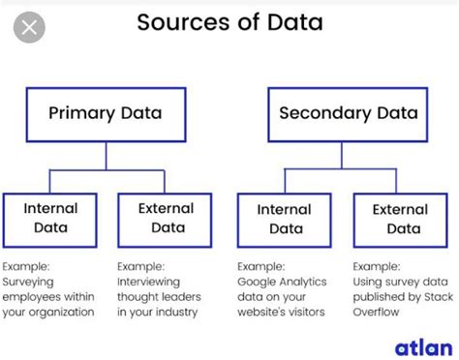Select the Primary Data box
click(105, 114)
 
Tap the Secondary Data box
click(348, 114)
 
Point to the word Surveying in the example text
click(30, 281)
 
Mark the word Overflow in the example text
click(379, 313)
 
